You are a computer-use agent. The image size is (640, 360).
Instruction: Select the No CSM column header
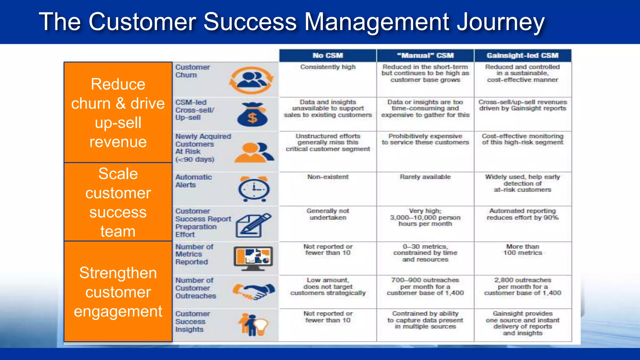[x=327, y=56]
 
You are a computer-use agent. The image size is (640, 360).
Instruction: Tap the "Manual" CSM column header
[x=425, y=56]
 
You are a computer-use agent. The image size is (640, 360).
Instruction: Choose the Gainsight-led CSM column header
[x=522, y=56]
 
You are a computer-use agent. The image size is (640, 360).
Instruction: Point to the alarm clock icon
[x=254, y=189]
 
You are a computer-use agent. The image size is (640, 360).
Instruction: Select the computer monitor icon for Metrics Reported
[x=253, y=258]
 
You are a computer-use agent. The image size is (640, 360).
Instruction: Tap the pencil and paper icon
[x=252, y=225]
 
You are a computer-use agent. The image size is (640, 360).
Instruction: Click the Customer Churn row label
[x=192, y=71]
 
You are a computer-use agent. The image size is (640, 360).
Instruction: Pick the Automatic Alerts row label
[x=193, y=181]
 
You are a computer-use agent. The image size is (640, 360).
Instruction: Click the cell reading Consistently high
[x=327, y=67]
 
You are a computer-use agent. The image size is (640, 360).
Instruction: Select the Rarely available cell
[x=425, y=177]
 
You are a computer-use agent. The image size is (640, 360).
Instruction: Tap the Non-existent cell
[x=327, y=177]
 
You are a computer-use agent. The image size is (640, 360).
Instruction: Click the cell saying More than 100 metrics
[x=522, y=250]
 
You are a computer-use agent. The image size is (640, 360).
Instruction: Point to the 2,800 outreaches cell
[x=522, y=287]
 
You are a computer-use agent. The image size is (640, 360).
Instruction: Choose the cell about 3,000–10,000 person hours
[x=425, y=217]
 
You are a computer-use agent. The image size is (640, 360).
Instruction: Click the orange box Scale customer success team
[x=118, y=202]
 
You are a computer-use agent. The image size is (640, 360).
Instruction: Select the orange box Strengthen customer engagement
[x=118, y=292]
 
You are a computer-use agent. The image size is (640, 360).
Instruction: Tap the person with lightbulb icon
[x=253, y=325]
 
